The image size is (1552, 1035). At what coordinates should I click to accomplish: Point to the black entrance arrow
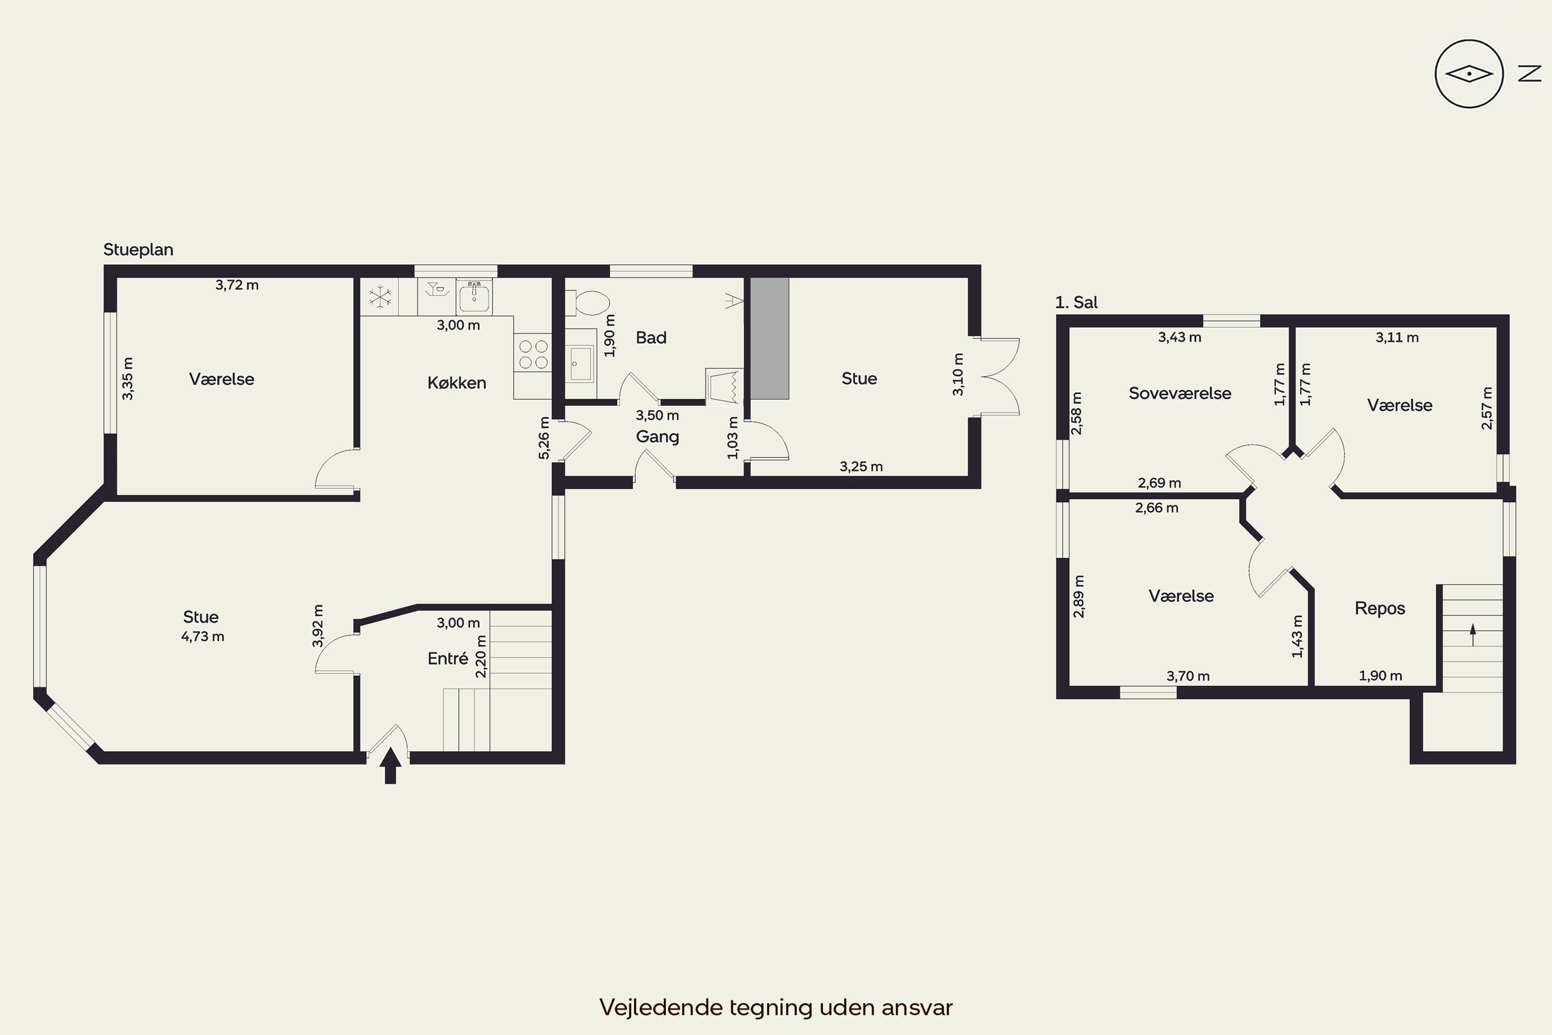click(390, 765)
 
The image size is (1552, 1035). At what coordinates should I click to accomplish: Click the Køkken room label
click(457, 383)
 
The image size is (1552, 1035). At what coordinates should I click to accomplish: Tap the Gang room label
click(657, 437)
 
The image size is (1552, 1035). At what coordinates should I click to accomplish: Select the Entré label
click(447, 658)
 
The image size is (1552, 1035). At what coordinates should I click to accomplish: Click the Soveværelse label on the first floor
click(1180, 393)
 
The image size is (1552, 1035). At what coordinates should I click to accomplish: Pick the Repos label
click(1380, 609)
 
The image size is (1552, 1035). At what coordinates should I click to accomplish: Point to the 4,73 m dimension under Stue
click(203, 637)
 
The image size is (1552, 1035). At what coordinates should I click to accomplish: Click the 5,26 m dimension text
click(544, 438)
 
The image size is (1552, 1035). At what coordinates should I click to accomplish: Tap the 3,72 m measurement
click(237, 285)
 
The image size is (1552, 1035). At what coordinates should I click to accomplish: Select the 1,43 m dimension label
click(1297, 637)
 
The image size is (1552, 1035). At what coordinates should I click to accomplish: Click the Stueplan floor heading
click(138, 249)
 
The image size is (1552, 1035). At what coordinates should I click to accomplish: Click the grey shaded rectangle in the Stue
click(770, 338)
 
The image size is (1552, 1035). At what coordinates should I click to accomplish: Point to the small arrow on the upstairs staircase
click(1472, 635)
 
